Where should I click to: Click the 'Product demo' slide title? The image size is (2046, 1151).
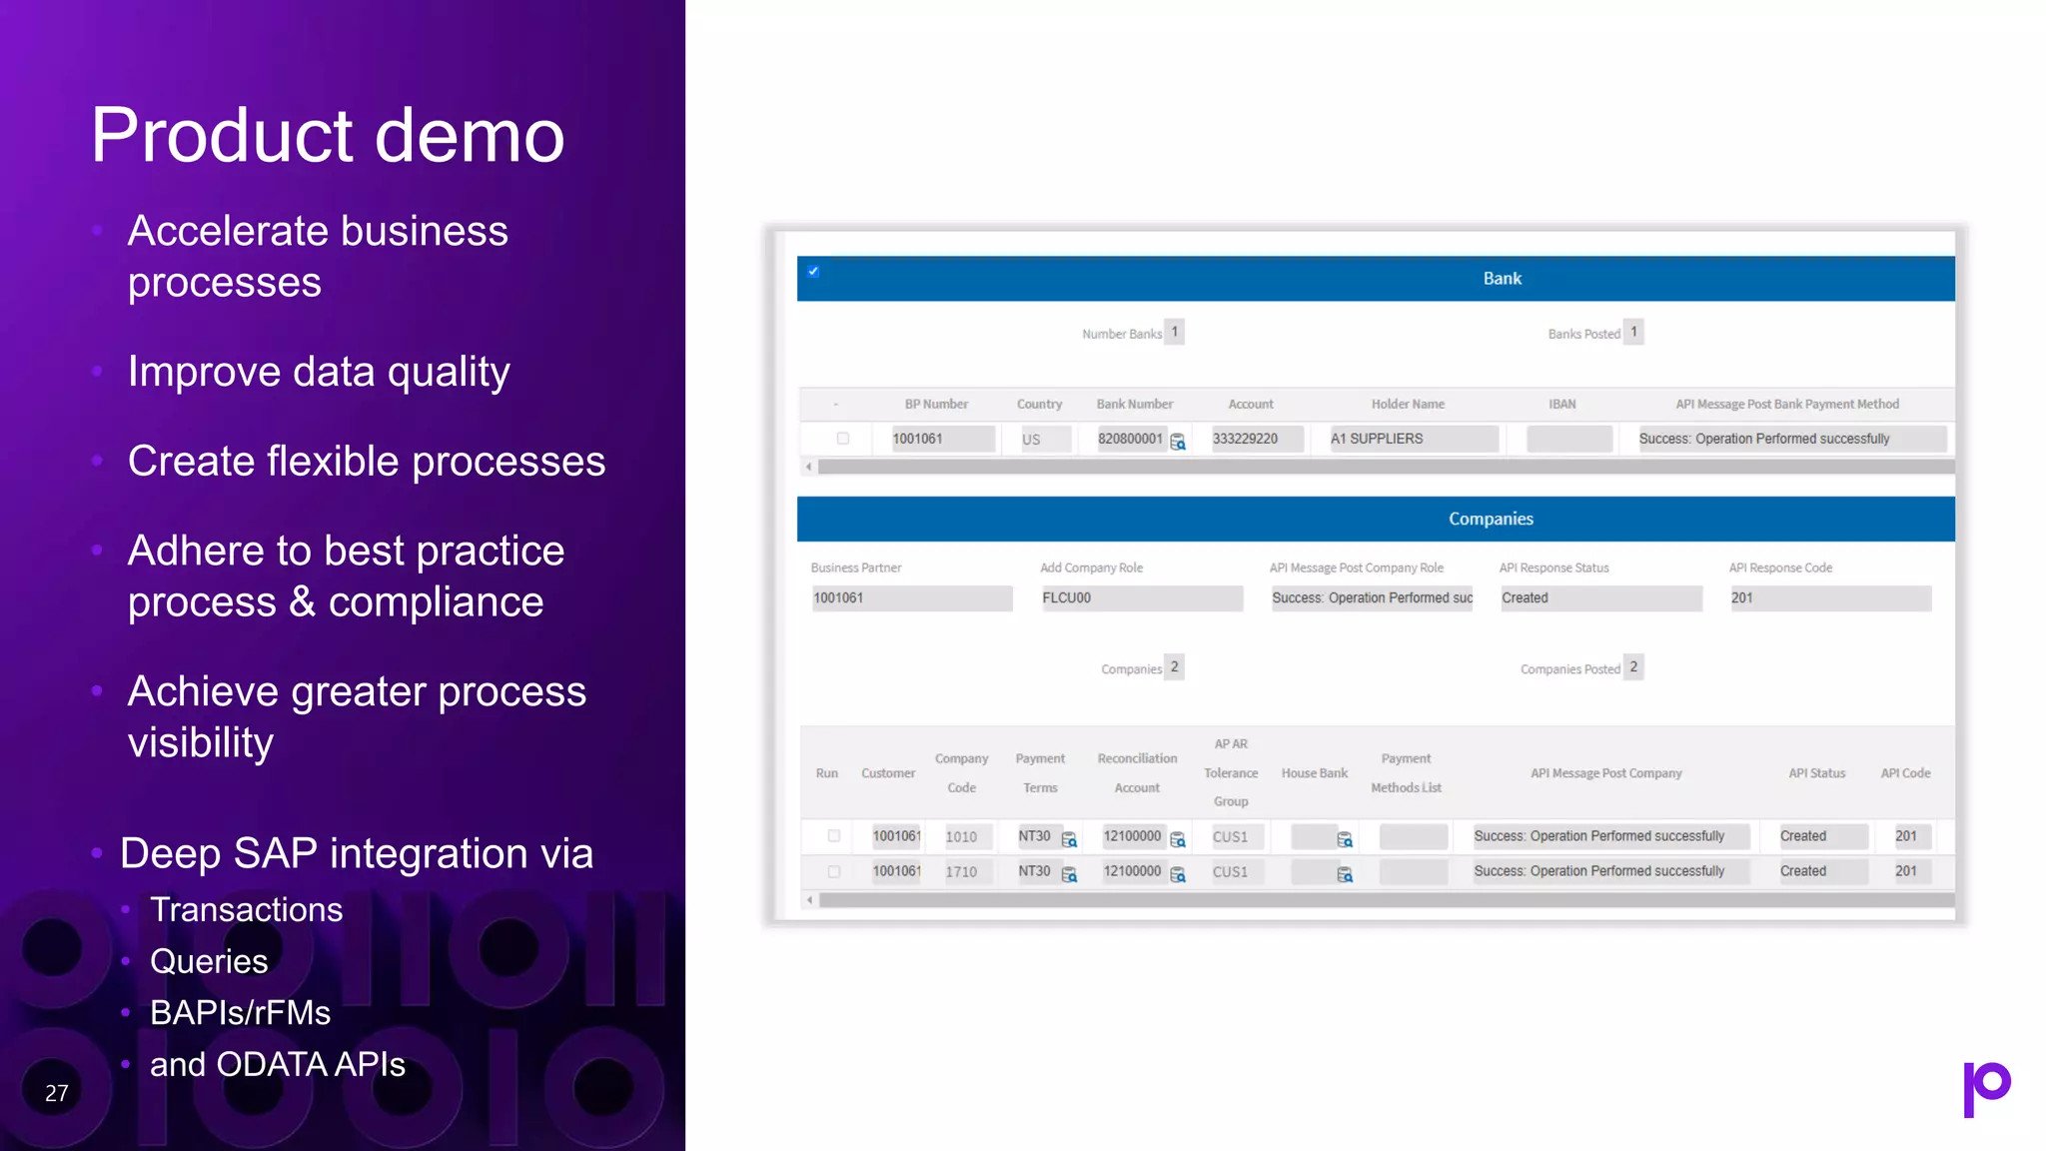point(328,135)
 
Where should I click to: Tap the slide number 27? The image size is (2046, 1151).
point(57,1093)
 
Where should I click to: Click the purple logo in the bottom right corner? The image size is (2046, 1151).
point(1986,1088)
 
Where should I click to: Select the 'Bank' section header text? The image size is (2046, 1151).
point(1502,279)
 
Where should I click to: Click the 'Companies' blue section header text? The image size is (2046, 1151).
point(1491,519)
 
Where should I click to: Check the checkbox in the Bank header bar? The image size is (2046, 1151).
point(813,271)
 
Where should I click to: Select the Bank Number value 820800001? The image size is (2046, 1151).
point(1130,439)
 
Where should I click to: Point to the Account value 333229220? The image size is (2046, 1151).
point(1245,439)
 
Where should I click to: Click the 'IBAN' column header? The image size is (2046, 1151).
point(1561,404)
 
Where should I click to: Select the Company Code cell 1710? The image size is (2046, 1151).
point(961,872)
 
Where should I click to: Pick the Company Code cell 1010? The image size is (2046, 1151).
point(961,837)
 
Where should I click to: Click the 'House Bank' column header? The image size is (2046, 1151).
point(1314,773)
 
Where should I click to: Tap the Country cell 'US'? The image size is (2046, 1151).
point(1031,440)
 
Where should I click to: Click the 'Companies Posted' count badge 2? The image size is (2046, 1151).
point(1633,666)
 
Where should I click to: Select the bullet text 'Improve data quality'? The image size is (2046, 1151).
point(319,372)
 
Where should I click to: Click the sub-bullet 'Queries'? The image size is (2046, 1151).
point(209,961)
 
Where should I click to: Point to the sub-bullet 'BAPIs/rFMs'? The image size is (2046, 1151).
point(240,1013)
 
